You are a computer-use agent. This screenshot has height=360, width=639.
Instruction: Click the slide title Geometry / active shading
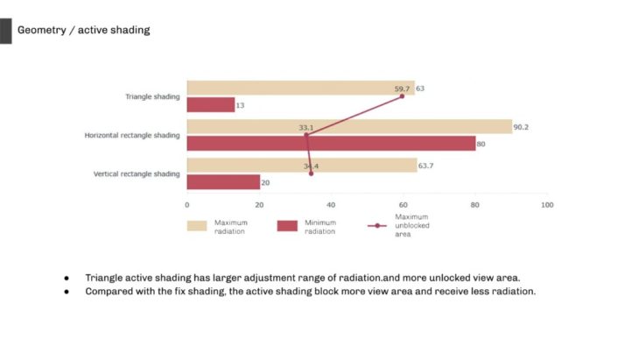83,30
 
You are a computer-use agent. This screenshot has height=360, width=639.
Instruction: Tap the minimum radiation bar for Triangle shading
211,105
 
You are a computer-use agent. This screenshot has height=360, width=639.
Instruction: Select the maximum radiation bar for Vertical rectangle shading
301,166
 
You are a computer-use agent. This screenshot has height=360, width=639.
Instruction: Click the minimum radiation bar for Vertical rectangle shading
223,182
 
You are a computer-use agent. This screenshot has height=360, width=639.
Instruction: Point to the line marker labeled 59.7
403,96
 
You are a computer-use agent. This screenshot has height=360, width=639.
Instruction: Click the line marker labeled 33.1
306,135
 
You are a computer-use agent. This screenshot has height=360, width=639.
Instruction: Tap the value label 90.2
521,127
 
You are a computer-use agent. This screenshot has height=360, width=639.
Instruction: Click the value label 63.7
426,166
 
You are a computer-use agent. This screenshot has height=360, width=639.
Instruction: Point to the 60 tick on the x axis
403,205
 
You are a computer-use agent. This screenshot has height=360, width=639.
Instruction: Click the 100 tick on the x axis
546,205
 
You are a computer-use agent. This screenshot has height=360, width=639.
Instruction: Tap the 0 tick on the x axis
186,205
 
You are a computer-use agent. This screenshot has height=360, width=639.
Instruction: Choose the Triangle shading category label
152,97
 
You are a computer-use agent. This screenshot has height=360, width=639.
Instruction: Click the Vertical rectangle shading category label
137,174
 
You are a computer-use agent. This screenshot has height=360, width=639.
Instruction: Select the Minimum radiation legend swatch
288,226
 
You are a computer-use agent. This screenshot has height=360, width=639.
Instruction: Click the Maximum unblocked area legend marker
377,226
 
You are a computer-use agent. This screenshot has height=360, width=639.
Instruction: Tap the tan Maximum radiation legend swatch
197,226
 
